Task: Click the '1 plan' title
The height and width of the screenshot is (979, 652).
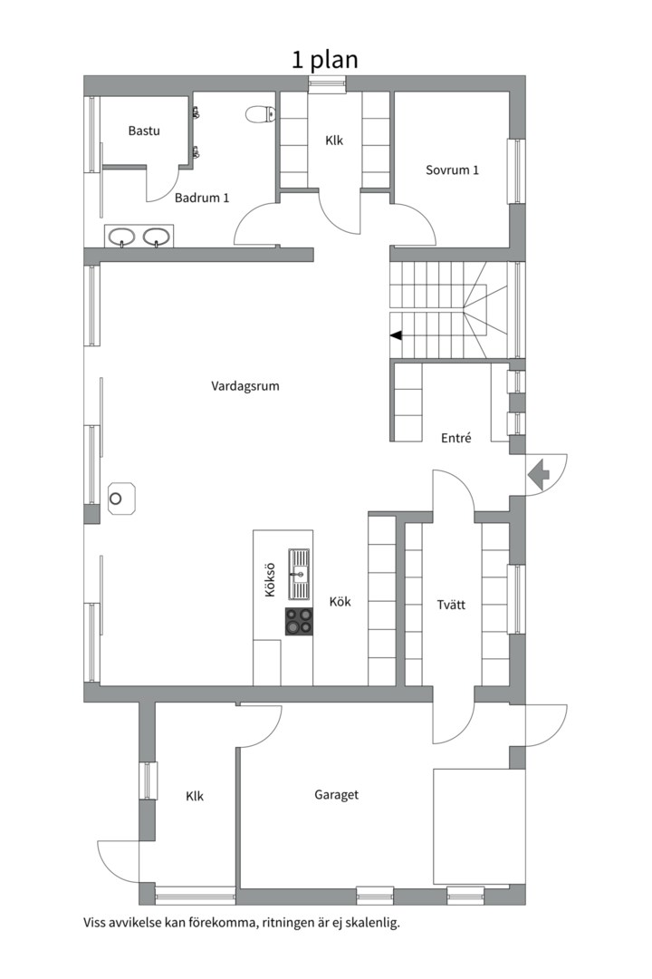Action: pos(325,61)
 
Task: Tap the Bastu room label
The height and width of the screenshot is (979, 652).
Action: pos(144,131)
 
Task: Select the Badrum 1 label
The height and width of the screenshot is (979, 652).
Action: pos(202,198)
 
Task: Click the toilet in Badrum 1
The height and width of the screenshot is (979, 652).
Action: pos(261,113)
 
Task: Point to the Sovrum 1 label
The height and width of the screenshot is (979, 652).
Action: pos(453,170)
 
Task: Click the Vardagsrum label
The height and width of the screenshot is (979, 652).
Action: pos(245,386)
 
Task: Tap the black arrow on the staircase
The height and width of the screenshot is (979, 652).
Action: pos(396,336)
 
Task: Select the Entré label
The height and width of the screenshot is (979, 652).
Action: pos(456,439)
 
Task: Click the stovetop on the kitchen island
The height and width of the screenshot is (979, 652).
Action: pos(299,621)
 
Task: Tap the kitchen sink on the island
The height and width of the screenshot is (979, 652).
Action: pos(300,573)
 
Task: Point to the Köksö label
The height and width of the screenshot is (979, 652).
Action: pos(270,580)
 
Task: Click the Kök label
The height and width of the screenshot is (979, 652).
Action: pos(340,601)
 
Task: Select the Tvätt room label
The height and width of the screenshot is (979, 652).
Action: pos(451,605)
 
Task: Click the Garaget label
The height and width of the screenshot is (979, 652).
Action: pos(336,795)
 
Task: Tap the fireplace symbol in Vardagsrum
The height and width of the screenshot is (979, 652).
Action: pos(121,499)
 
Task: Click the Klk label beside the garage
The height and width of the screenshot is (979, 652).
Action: pos(195,796)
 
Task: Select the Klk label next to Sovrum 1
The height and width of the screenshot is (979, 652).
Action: pos(334,141)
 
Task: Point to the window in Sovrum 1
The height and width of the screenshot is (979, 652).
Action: pos(516,171)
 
